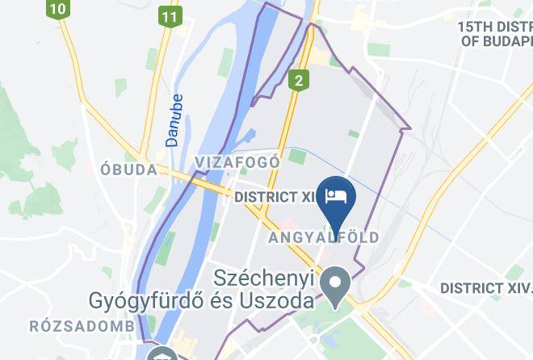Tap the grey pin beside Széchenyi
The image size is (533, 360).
coord(334,283)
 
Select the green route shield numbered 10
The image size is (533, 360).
coord(57,10)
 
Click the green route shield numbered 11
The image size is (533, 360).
coord(169,16)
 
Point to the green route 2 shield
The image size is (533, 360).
coord(299,79)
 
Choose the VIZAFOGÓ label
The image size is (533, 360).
coord(237,162)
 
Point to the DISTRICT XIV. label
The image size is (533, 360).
coord(485,288)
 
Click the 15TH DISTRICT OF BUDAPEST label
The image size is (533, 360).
coord(494,32)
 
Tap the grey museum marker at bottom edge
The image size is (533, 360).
coord(161,354)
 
